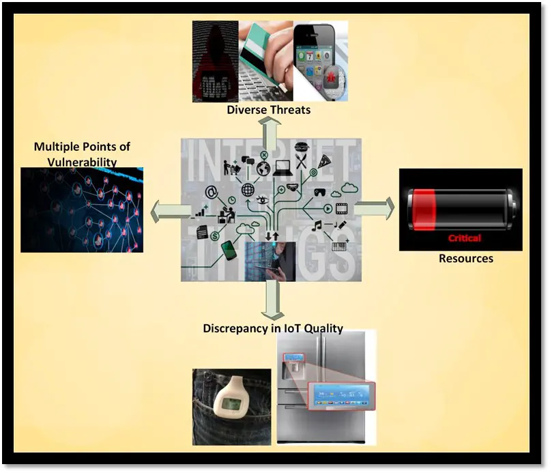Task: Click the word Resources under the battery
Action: coord(465,259)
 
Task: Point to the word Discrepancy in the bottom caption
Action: coord(235,328)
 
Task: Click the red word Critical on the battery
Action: coord(464,238)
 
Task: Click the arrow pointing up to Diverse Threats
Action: coord(271,127)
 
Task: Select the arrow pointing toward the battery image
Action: coord(374,208)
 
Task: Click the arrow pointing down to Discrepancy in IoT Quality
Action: coord(272,300)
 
